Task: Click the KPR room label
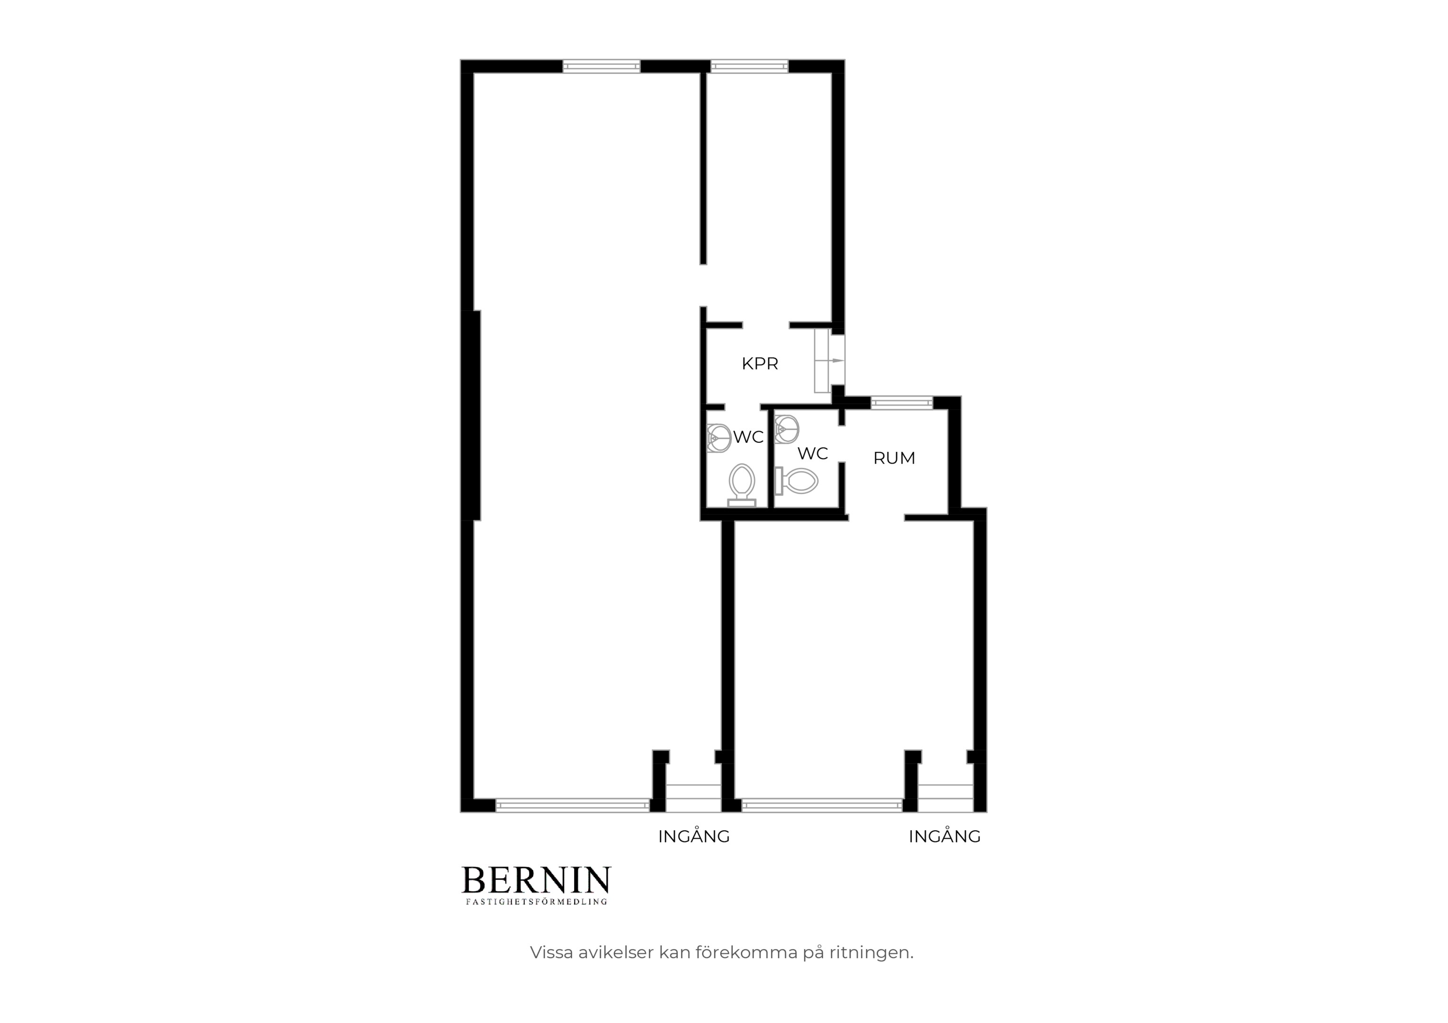[x=759, y=364]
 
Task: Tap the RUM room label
[x=894, y=458]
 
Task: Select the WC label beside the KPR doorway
[x=748, y=437]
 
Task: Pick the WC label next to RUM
[x=812, y=453]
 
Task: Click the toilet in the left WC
[x=742, y=485]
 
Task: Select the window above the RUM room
[x=901, y=403]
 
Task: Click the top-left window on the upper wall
[x=601, y=66]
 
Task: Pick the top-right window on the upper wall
[x=749, y=66]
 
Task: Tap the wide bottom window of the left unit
[x=573, y=805]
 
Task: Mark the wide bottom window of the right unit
[x=822, y=805]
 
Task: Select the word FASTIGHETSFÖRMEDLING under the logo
[x=536, y=902]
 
